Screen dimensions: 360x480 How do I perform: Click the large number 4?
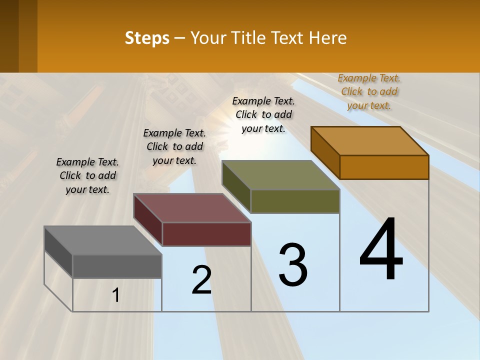coord(381,250)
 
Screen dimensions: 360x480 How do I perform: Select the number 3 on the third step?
coord(293,265)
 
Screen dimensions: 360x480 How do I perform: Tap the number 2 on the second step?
coord(202,280)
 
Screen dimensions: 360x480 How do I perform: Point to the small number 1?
coord(115,295)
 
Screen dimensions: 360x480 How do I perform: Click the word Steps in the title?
coord(147,38)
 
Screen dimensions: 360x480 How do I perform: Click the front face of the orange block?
coord(384,167)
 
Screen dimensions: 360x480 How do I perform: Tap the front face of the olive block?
coord(295,201)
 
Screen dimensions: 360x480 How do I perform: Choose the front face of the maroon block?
coord(206,234)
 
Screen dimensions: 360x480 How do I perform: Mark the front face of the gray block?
coord(117,266)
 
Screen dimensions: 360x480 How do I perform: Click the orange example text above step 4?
coord(369,91)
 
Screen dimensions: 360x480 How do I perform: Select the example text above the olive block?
coord(263,114)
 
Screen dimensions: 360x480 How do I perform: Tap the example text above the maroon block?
coord(174,146)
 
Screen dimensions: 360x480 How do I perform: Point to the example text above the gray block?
coord(87,175)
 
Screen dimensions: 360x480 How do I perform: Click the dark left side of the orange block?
coord(325,152)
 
